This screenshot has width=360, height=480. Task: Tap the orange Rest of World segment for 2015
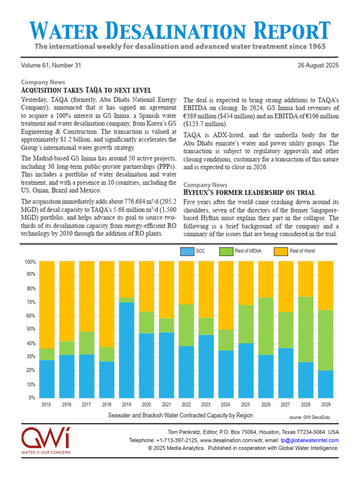pos(46,305)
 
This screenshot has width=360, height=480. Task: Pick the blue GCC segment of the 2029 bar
pos(325,383)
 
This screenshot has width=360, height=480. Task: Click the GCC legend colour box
pos(187,252)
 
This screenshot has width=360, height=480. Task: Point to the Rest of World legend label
pos(302,251)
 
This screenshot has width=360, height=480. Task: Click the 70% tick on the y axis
pos(30,302)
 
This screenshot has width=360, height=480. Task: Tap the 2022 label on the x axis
pos(186,404)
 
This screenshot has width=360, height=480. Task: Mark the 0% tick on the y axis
pos(31,397)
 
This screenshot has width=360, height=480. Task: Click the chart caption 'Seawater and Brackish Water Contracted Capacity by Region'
pos(180,415)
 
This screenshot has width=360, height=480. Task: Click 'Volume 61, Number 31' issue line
pos(51,66)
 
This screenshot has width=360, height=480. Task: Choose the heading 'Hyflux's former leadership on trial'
pos(248,193)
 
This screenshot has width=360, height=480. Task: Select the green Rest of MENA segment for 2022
pos(186,325)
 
